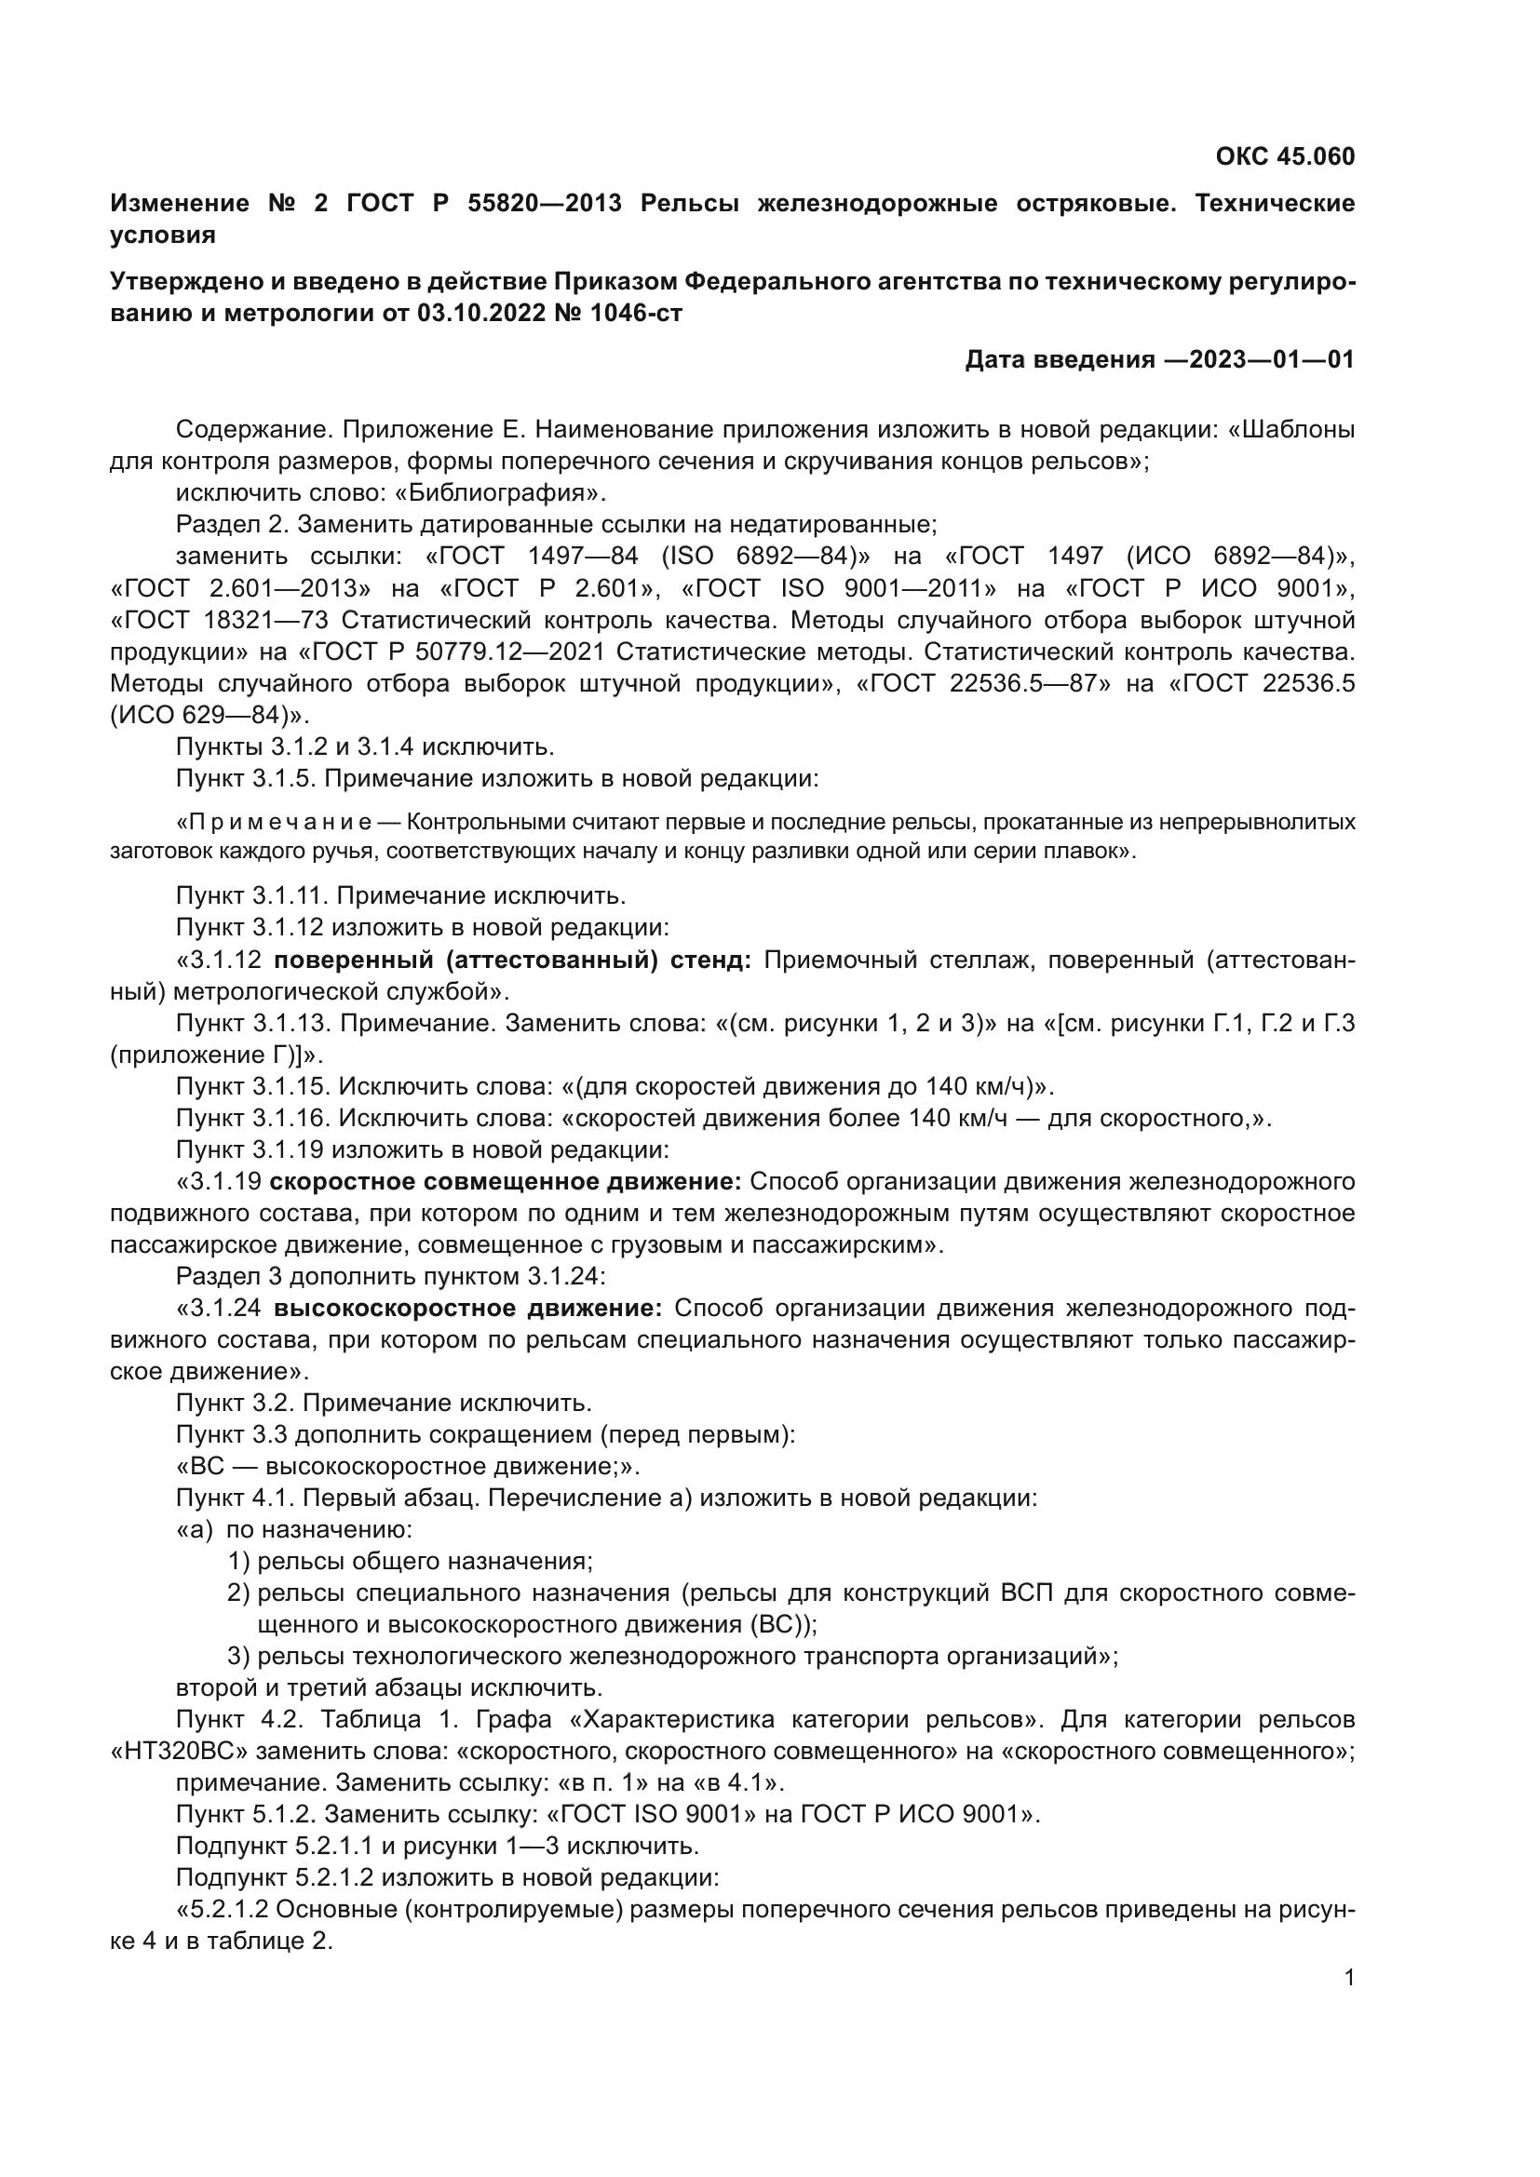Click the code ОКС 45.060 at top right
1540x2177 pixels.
[1284, 156]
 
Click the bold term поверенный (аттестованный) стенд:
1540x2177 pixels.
[512, 960]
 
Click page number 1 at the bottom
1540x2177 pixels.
[1348, 1978]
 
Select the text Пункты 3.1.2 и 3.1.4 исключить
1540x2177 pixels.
[364, 746]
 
